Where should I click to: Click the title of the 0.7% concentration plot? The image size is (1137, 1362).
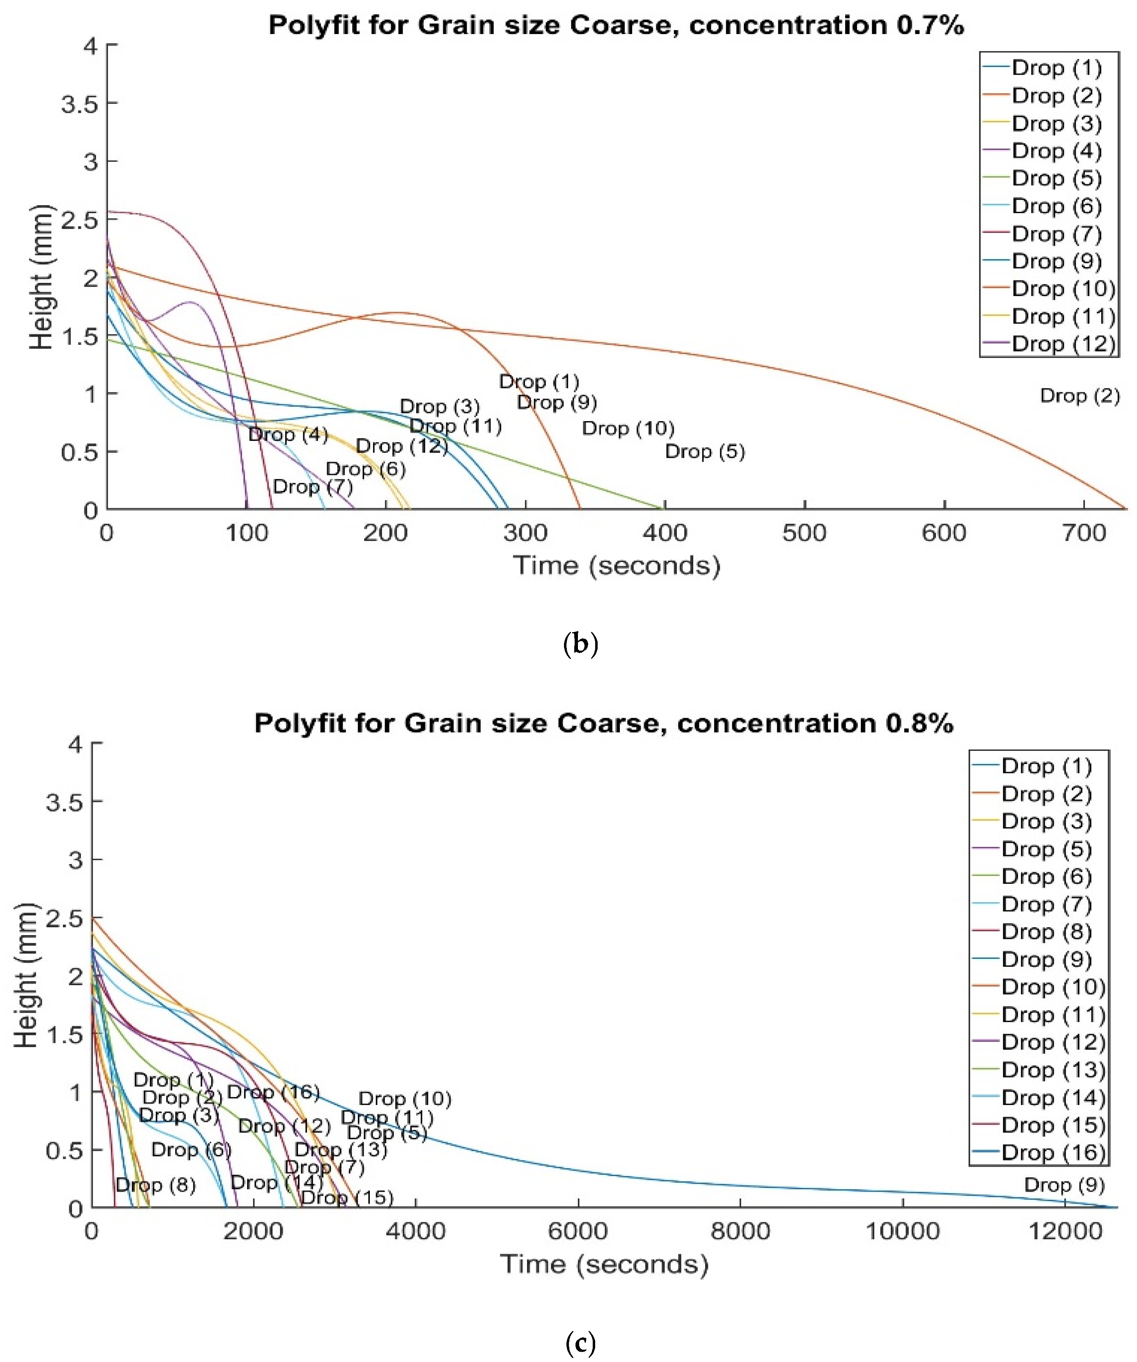(x=616, y=26)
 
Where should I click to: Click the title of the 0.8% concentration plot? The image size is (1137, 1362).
(x=603, y=723)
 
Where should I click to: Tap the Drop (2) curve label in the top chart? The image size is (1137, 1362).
(x=1079, y=396)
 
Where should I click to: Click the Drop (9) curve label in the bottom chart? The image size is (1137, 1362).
(x=1064, y=1185)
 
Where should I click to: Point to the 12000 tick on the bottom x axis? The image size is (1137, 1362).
(x=1065, y=1230)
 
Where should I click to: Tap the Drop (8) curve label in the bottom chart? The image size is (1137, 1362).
(x=155, y=1185)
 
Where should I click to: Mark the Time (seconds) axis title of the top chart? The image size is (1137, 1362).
(x=616, y=566)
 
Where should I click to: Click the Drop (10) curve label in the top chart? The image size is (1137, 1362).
(x=628, y=428)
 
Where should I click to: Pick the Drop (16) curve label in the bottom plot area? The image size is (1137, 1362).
(x=273, y=1092)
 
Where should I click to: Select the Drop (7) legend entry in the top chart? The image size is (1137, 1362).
(x=1056, y=234)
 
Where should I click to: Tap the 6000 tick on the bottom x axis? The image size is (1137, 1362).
(x=578, y=1230)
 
